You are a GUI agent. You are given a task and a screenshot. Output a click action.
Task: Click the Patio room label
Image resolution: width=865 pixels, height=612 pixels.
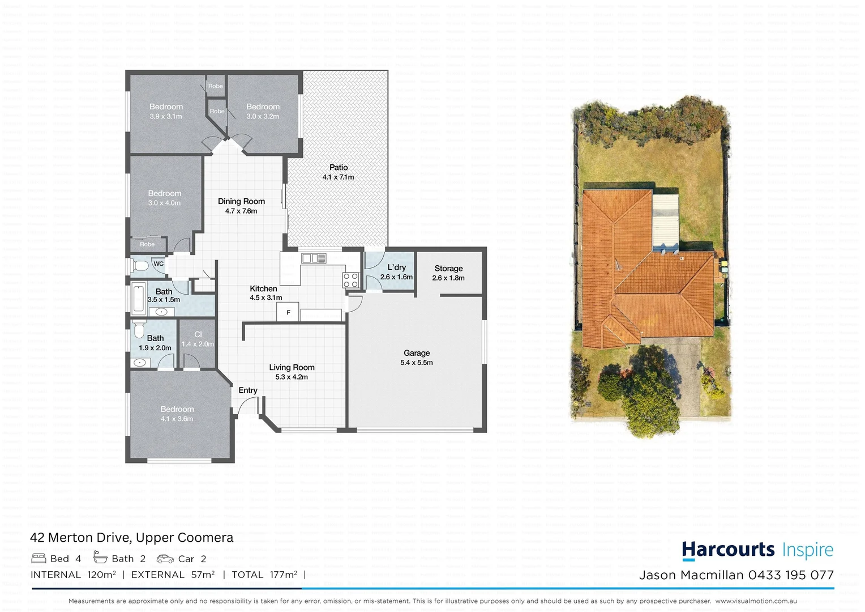coord(339,167)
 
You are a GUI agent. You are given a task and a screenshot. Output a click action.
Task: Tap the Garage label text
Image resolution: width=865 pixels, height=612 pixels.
coord(417,353)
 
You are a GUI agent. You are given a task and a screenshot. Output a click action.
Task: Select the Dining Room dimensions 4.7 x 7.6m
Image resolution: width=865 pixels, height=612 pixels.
coord(241,211)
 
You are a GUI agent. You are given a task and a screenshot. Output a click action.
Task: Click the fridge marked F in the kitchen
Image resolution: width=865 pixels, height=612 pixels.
coord(288,312)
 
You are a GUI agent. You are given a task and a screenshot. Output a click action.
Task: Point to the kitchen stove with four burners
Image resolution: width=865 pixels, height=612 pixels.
coord(350,280)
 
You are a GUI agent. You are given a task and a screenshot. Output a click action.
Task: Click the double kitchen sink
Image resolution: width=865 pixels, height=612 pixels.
coord(314,259)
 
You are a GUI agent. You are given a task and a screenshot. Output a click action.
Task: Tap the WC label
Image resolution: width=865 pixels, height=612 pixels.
coord(159,263)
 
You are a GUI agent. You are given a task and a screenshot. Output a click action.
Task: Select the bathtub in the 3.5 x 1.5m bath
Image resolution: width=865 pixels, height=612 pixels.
coord(139,299)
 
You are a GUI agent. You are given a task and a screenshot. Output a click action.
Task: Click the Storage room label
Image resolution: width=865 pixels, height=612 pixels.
coord(448,269)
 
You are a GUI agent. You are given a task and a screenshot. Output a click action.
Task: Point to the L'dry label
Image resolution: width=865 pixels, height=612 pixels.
coord(396,267)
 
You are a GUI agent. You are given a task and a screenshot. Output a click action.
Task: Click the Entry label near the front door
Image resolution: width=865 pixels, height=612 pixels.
coord(247,390)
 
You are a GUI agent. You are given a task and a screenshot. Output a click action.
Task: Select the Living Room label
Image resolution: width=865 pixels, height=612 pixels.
coord(292,367)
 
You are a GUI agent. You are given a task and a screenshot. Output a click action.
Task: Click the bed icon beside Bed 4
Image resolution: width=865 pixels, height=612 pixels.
coord(38,558)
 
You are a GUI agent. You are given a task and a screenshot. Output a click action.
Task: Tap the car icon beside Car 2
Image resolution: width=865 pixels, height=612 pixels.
coord(165,559)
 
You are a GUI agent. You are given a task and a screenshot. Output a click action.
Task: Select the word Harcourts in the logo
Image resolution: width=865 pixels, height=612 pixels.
coord(728,550)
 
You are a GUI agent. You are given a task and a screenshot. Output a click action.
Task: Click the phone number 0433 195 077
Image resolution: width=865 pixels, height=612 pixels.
coord(791,575)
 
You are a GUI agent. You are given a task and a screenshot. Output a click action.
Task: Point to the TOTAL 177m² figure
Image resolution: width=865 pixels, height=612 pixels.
coord(264,575)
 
